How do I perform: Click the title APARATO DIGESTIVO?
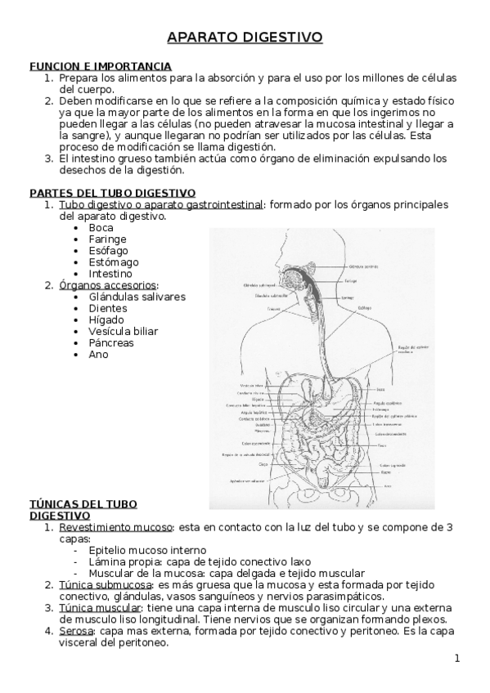245,37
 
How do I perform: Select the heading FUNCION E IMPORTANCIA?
101,65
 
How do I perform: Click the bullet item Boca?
101,228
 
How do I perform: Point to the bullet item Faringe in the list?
106,239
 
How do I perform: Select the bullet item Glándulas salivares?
137,297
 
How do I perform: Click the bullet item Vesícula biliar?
124,331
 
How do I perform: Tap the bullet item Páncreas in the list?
111,342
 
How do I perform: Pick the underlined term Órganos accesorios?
108,285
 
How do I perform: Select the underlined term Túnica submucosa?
104,585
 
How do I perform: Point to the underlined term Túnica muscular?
100,608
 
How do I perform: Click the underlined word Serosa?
76,631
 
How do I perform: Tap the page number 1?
457,659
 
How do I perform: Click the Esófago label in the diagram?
365,307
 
